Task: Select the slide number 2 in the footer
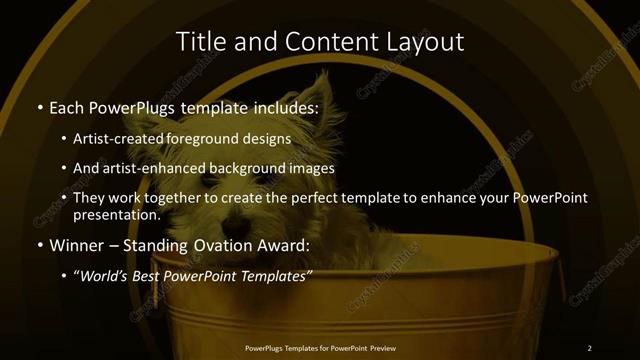(x=590, y=348)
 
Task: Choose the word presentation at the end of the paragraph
(x=116, y=215)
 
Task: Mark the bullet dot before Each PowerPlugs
(x=39, y=107)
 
